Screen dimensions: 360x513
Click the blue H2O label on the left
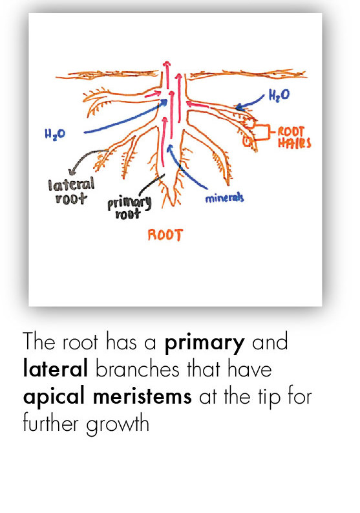(x=55, y=134)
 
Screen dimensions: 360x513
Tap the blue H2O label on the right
(x=279, y=95)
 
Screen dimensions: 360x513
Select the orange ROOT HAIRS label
(x=294, y=137)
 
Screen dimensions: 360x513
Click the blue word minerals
(x=224, y=198)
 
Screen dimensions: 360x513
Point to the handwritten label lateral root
(x=71, y=191)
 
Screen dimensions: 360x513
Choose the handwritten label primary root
(x=129, y=208)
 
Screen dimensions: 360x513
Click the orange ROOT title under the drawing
(x=165, y=235)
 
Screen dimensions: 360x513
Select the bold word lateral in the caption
(x=56, y=368)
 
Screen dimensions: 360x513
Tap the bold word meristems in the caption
(x=143, y=396)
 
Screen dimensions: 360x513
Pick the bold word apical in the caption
(x=54, y=397)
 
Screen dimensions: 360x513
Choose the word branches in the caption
(x=138, y=369)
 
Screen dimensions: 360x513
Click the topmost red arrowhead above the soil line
(x=167, y=63)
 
